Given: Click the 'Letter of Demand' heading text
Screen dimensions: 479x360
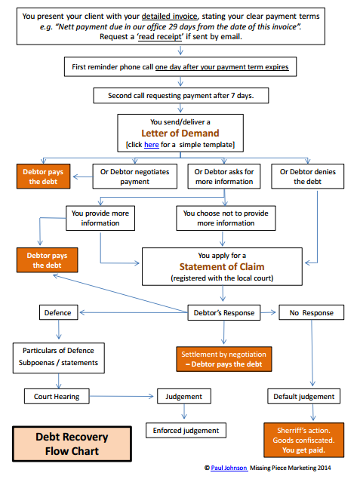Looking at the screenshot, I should (x=180, y=134).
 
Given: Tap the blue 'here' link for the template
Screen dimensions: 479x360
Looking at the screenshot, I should (x=152, y=144).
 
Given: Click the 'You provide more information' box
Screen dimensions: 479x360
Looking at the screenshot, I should (x=100, y=218).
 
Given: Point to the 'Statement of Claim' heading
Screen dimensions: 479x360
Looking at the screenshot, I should (x=223, y=267).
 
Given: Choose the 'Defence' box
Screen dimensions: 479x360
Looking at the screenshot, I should (x=58, y=312).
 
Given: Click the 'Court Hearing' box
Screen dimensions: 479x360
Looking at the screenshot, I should (x=57, y=396).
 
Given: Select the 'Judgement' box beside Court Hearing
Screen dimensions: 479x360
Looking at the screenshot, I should (x=183, y=396).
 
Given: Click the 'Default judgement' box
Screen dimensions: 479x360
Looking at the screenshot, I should (x=303, y=396).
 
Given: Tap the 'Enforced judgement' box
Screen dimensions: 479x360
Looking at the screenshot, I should (x=185, y=430).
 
